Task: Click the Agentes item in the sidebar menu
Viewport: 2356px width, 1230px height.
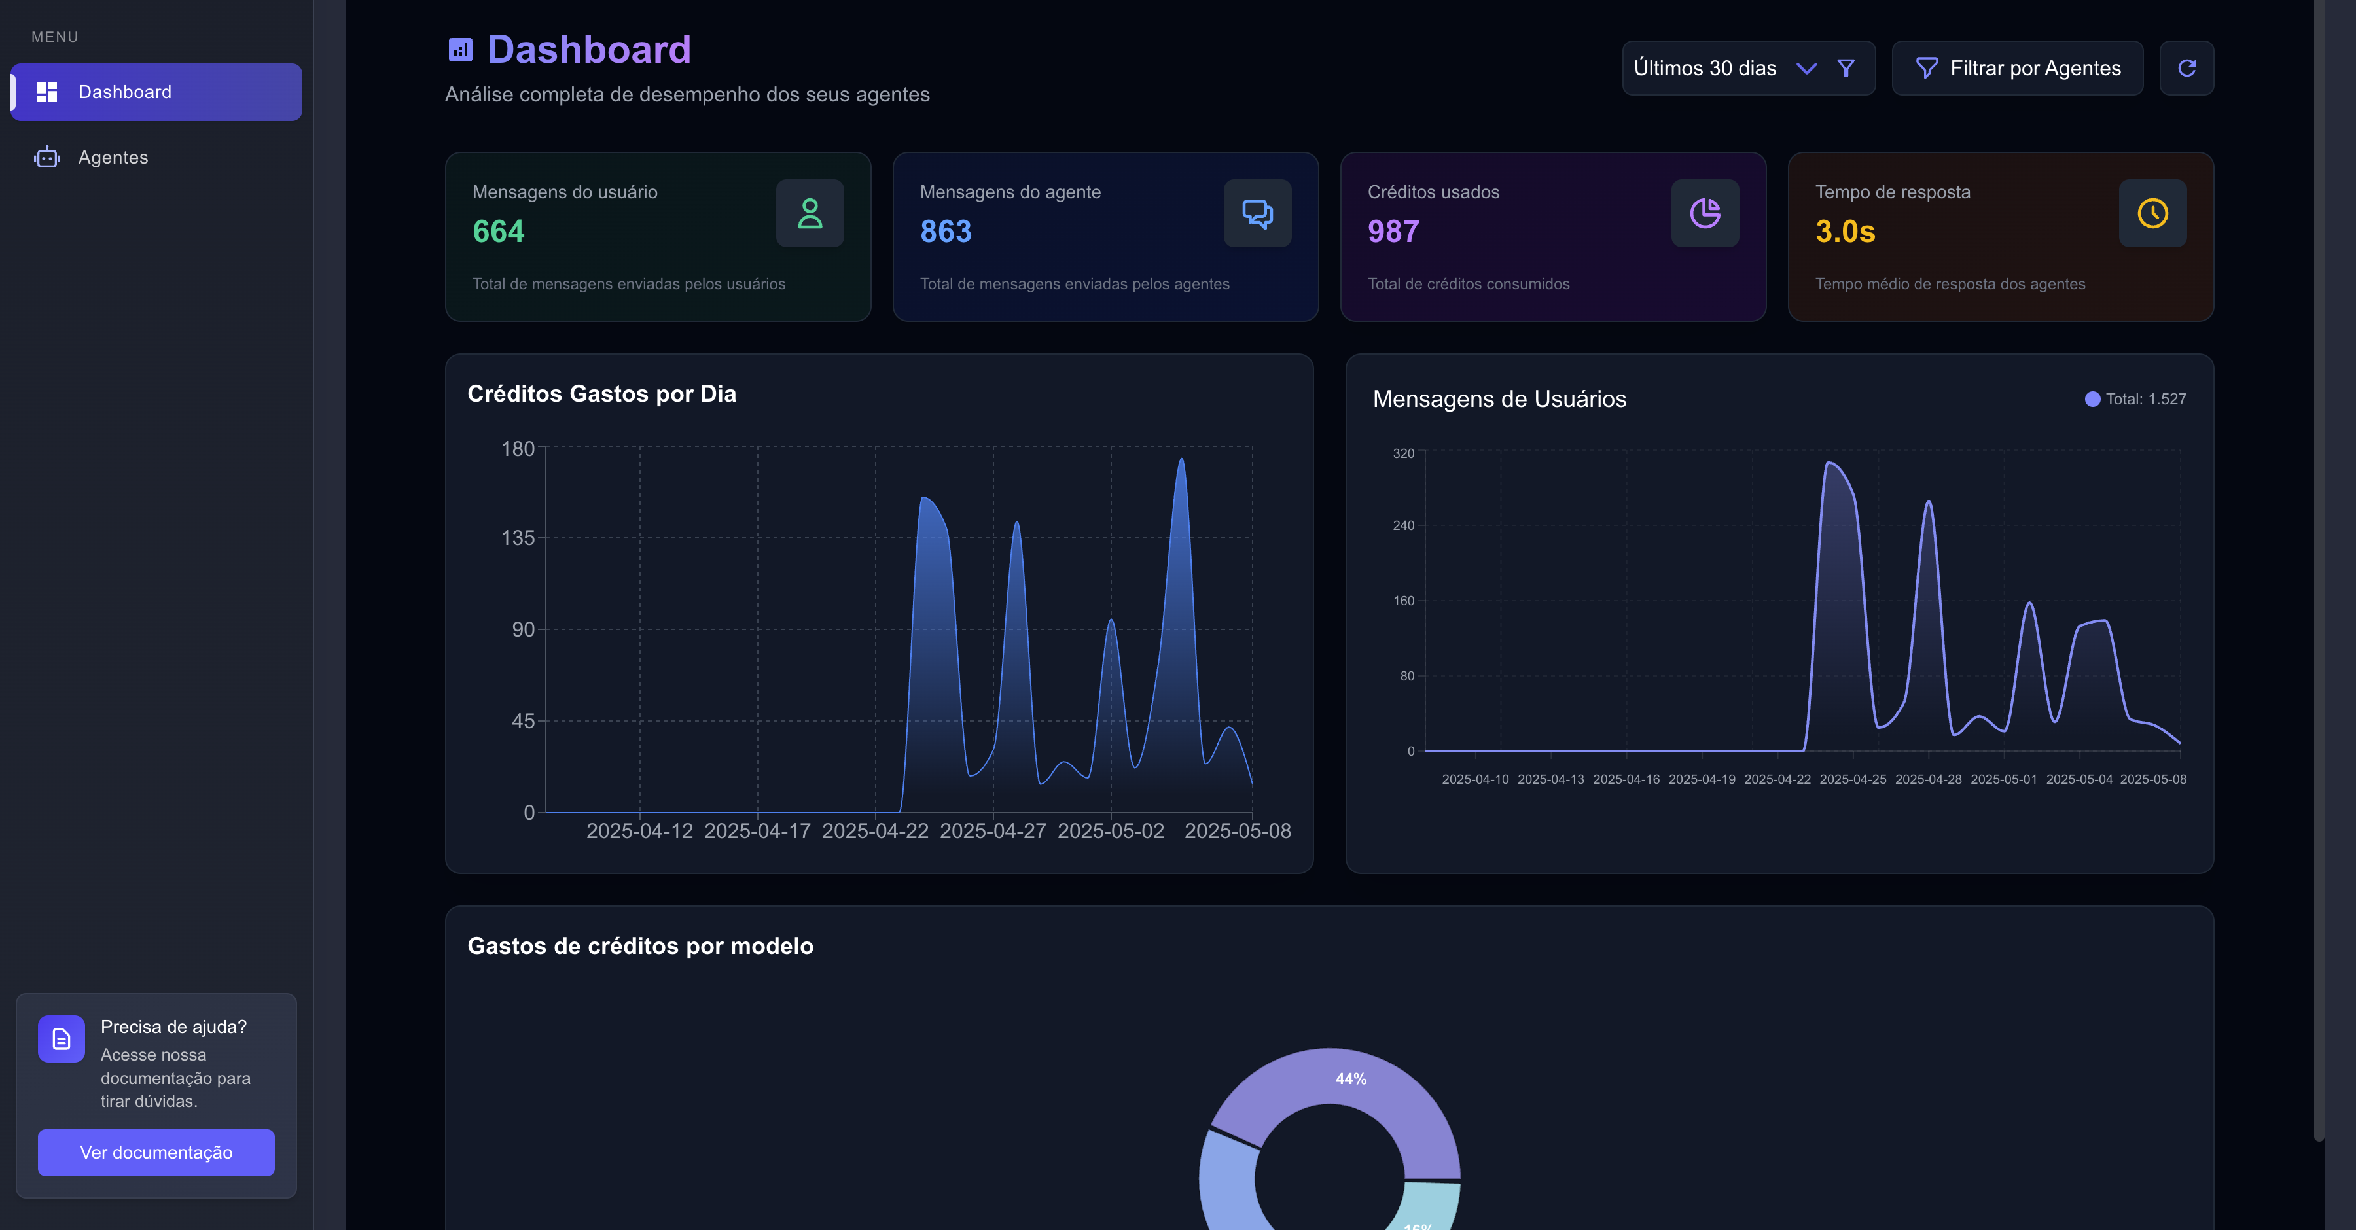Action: [113, 157]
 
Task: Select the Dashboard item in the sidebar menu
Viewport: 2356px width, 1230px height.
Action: [156, 92]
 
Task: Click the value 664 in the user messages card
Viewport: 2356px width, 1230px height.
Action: [499, 232]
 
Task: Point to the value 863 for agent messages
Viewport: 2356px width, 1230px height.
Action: [946, 232]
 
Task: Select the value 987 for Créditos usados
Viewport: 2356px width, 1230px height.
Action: [1393, 232]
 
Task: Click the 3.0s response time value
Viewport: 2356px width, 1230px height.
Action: [1845, 232]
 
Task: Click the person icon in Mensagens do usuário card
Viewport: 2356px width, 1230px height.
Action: [810, 213]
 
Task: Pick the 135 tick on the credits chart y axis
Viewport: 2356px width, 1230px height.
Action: [518, 538]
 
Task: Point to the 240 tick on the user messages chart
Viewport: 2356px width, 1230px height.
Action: [1403, 526]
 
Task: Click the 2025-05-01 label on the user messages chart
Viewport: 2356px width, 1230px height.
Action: [2004, 779]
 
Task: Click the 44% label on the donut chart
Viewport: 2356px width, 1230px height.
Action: [1351, 1079]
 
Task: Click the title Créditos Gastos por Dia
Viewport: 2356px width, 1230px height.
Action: [602, 394]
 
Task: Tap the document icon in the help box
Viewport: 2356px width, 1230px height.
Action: [62, 1039]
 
